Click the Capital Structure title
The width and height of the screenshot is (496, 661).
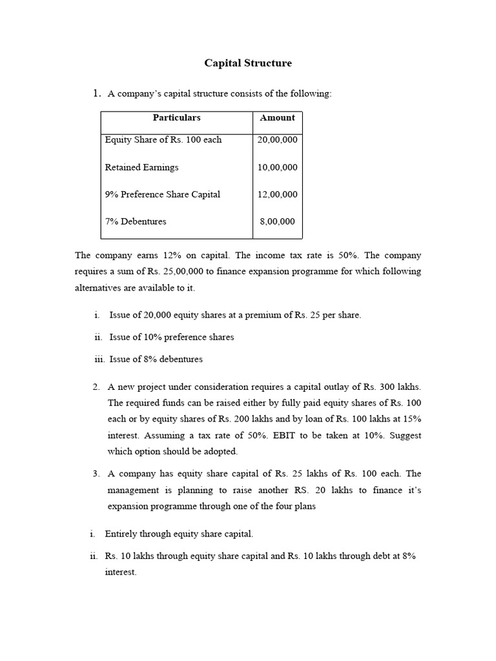click(248, 63)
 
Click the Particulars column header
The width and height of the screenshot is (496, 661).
click(176, 117)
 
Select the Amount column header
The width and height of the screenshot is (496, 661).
click(277, 117)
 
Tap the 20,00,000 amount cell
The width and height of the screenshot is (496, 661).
click(277, 139)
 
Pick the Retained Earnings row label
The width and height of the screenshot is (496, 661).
click(141, 167)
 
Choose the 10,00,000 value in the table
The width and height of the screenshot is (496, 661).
click(277, 167)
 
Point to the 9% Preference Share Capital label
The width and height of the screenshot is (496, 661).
click(162, 194)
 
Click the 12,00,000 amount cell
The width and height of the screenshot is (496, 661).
click(277, 194)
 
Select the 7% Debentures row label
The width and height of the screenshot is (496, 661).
click(136, 221)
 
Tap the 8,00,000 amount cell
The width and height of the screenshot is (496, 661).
click(277, 221)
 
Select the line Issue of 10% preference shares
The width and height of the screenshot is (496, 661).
click(172, 337)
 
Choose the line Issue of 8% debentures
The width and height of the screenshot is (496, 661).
click(156, 359)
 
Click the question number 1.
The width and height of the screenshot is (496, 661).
click(97, 94)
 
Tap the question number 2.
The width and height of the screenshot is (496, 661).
click(96, 387)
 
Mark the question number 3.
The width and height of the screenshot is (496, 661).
click(96, 474)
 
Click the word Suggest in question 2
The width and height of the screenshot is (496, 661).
click(406, 435)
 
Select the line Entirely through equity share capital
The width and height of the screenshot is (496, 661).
click(179, 534)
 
